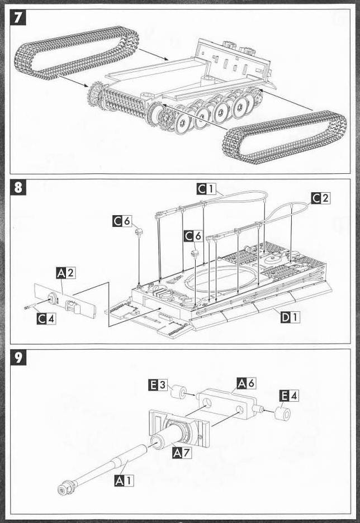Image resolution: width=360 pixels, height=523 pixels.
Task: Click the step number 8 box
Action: [19, 187]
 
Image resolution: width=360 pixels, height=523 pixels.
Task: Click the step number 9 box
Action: [19, 358]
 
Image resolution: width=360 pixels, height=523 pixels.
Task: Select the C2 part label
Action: [320, 197]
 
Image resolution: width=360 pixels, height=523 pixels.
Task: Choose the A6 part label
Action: [247, 383]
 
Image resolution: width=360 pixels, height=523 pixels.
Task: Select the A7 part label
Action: [183, 452]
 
